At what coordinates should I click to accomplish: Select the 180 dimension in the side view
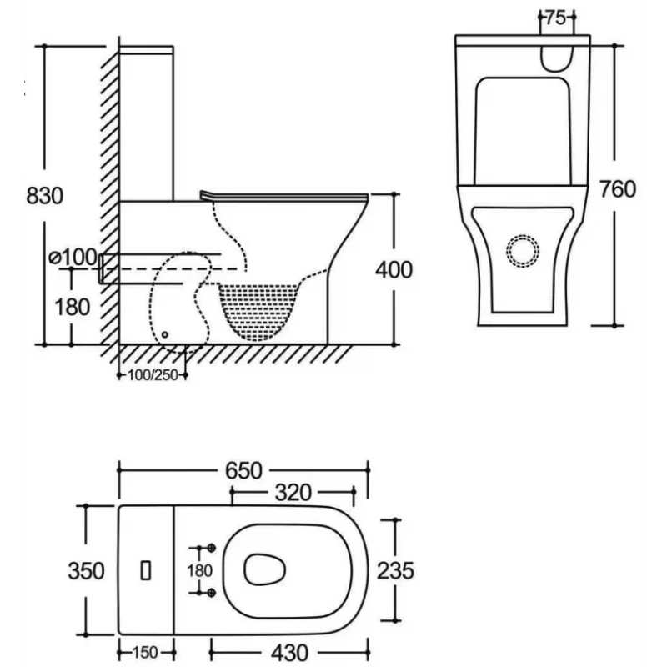point(73,306)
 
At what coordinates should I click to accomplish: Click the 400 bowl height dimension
point(394,269)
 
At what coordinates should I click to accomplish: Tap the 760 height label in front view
point(617,189)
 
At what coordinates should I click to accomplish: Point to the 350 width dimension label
point(87,570)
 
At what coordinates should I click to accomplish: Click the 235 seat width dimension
point(396,570)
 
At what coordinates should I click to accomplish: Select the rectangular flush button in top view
point(147,570)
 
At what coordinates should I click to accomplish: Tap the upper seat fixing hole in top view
point(211,548)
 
